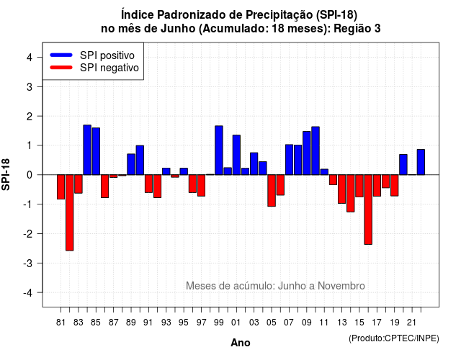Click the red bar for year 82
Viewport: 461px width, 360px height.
[x=70, y=213]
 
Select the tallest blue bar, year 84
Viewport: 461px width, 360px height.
[x=87, y=150]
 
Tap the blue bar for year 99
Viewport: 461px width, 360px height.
[x=219, y=150]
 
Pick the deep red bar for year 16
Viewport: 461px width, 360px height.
[x=368, y=210]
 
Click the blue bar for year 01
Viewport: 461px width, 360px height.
[x=236, y=155]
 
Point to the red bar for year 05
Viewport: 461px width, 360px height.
[x=272, y=190]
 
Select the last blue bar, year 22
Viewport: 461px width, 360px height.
[x=421, y=162]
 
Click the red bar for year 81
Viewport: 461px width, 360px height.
[x=61, y=187]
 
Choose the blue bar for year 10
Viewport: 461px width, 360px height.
[x=315, y=150]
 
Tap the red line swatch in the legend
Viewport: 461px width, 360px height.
[x=61, y=67]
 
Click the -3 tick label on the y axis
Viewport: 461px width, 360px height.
[x=28, y=264]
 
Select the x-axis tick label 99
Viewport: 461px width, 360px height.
[x=219, y=323]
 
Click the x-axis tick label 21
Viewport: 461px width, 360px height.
[x=412, y=323]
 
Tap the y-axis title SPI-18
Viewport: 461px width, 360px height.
[x=6, y=174]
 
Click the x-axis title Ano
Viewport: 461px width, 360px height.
[x=241, y=343]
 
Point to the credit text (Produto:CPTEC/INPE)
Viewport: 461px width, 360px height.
[x=394, y=338]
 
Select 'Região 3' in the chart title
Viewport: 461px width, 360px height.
[x=357, y=29]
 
